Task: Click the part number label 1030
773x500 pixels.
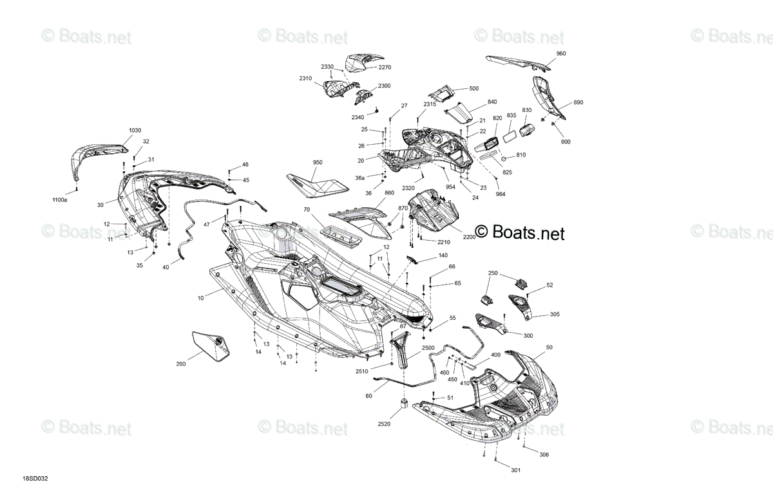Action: pyautogui.click(x=135, y=131)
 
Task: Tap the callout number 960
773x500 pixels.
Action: pyautogui.click(x=561, y=53)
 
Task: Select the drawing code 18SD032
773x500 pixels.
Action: pyautogui.click(x=35, y=479)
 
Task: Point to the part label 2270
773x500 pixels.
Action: pyautogui.click(x=385, y=67)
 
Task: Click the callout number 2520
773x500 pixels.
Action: pyautogui.click(x=384, y=424)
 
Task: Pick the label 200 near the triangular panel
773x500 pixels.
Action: pyautogui.click(x=181, y=364)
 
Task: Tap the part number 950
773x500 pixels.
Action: pyautogui.click(x=318, y=162)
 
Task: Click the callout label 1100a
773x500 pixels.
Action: pyautogui.click(x=60, y=200)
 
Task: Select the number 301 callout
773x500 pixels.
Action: pyautogui.click(x=515, y=470)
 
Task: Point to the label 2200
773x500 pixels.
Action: pyautogui.click(x=470, y=237)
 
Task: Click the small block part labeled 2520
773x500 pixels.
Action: pyautogui.click(x=404, y=403)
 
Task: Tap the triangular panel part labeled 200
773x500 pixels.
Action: pyautogui.click(x=211, y=346)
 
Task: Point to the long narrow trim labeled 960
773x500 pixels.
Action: pyautogui.click(x=518, y=63)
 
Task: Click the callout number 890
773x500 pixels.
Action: pyautogui.click(x=578, y=102)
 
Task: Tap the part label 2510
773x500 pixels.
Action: pyautogui.click(x=362, y=371)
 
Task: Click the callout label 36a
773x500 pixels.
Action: pyautogui.click(x=360, y=178)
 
